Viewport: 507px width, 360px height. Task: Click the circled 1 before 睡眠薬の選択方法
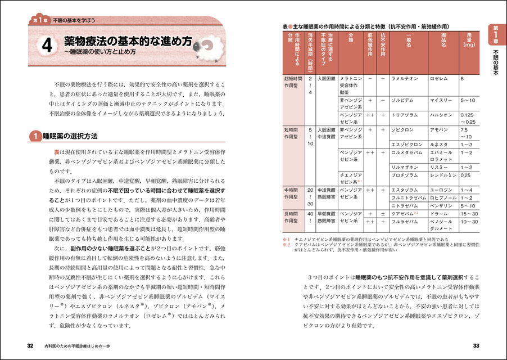(35, 136)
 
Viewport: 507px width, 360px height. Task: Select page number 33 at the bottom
(476, 345)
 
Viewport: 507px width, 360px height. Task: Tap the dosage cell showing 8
(462, 79)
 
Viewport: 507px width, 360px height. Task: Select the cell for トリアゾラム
(407, 115)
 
